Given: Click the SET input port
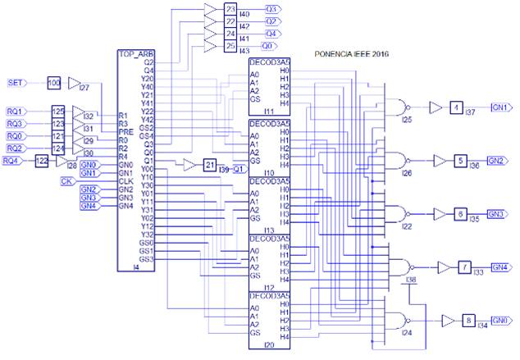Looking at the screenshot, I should point(16,83).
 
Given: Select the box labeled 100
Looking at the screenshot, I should point(54,83).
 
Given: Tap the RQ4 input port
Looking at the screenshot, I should point(12,161).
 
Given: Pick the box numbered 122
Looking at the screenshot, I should point(42,161).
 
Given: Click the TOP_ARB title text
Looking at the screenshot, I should point(136,53).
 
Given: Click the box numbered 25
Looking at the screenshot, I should point(230,47).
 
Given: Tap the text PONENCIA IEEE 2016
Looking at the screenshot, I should point(352,55).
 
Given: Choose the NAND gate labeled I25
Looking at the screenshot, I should point(401,107).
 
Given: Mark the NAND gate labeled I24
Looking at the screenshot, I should point(401,321).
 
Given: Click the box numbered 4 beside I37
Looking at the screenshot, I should point(456,107).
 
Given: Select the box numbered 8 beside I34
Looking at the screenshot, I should point(468,321).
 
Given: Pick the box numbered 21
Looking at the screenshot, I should point(209,166).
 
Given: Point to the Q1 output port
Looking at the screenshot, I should point(239,169).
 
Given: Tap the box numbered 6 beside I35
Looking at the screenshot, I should point(461,212).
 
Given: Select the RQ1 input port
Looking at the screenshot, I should point(15,111).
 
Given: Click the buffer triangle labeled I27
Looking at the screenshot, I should point(74,83).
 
